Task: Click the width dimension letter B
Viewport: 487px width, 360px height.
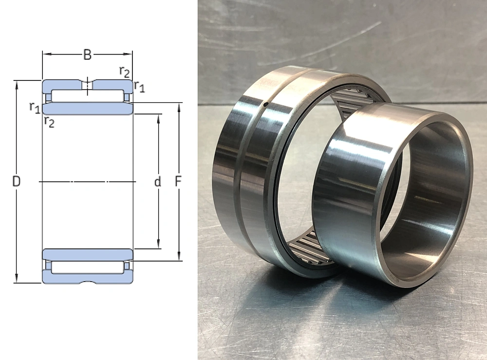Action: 88,55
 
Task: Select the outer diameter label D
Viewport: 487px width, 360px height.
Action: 16,181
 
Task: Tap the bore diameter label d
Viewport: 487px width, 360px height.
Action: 158,181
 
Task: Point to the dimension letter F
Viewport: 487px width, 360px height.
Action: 178,181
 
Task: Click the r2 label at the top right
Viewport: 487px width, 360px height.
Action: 124,72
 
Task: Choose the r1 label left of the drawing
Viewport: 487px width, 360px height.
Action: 35,107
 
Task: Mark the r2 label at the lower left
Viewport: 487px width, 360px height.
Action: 49,122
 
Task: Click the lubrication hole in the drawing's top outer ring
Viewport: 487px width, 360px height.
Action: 88,84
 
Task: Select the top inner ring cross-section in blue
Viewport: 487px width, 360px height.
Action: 88,109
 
